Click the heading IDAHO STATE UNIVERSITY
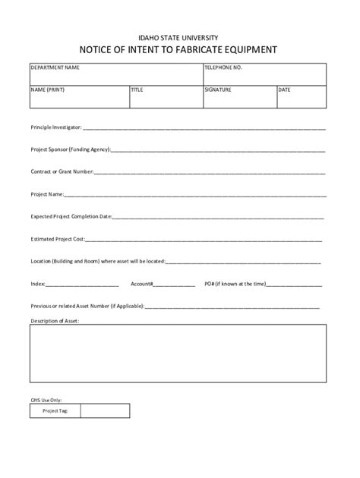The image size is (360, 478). [x=180, y=37]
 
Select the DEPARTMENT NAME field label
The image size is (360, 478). [x=55, y=68]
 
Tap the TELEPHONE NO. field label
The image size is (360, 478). [x=223, y=68]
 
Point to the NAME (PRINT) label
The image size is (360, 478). [x=48, y=90]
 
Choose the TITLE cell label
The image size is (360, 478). [x=137, y=90]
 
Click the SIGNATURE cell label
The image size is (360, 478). [x=217, y=90]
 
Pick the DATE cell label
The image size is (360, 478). [x=285, y=90]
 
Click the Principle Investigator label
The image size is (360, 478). [x=55, y=128]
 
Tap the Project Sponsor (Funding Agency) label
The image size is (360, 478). [x=71, y=150]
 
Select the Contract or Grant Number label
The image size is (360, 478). [x=62, y=172]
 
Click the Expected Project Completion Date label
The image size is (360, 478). [x=71, y=217]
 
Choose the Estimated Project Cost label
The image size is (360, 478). [x=57, y=239]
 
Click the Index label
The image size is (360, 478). [x=38, y=284]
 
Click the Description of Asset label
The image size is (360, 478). [x=54, y=321]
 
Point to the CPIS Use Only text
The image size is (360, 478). [x=46, y=399]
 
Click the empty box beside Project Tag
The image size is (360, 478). [x=105, y=410]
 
